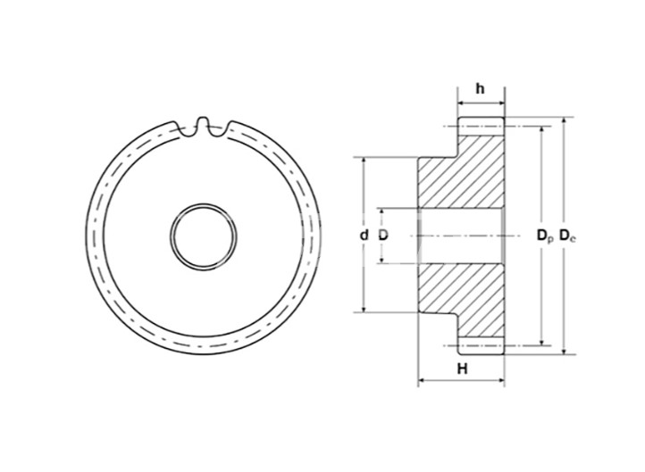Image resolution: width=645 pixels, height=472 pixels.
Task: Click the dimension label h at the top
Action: pyautogui.click(x=480, y=88)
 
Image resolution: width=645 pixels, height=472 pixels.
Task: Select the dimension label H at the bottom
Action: pyautogui.click(x=463, y=368)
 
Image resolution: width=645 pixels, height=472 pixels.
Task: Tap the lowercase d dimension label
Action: pyautogui.click(x=364, y=235)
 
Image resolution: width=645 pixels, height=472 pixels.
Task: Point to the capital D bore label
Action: pyautogui.click(x=383, y=235)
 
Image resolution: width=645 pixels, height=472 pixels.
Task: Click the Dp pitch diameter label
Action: pyautogui.click(x=545, y=236)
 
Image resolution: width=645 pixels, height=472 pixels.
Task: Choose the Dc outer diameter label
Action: pyautogui.click(x=567, y=236)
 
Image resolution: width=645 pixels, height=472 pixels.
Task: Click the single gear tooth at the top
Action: pyautogui.click(x=202, y=124)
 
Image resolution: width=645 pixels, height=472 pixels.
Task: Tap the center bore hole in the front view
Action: pyautogui.click(x=204, y=236)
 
